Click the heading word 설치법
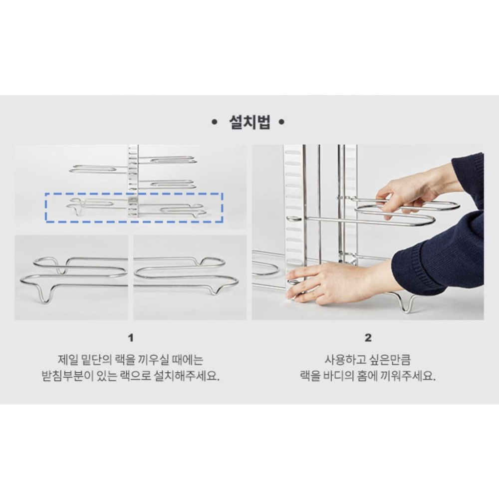249,123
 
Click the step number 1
131,338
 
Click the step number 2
368,338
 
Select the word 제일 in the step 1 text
68,359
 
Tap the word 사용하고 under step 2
343,359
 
